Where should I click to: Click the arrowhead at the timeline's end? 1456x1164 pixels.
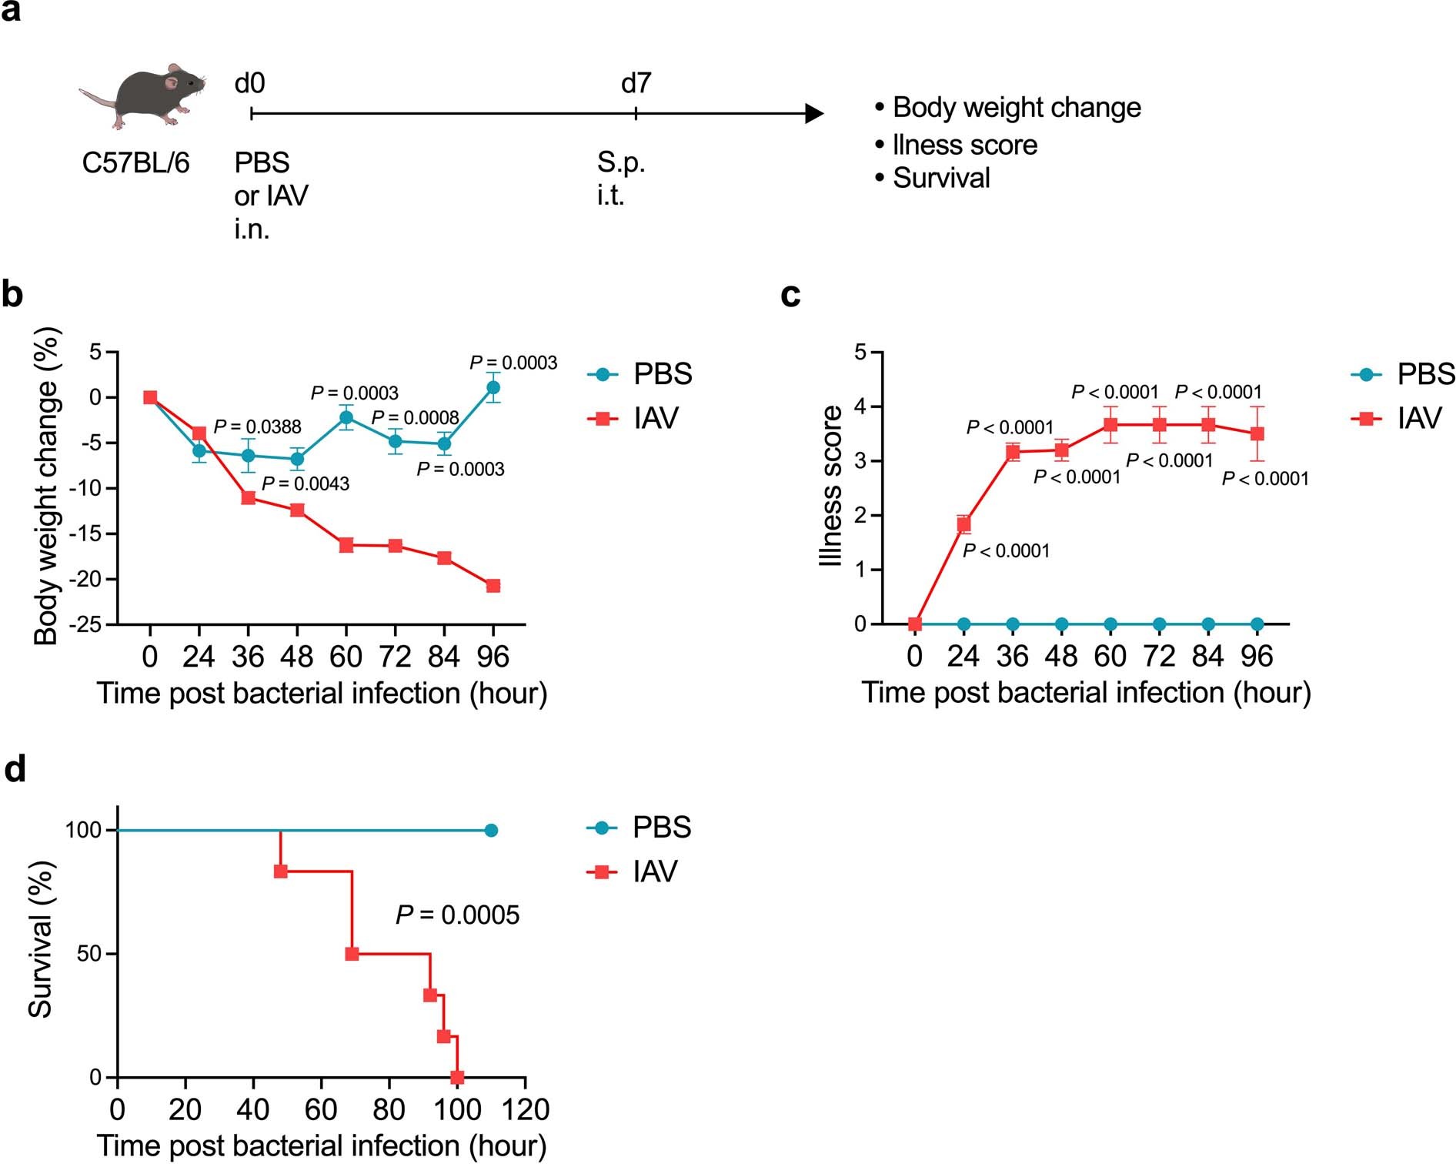(x=813, y=114)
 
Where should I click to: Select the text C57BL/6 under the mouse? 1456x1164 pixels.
(x=135, y=163)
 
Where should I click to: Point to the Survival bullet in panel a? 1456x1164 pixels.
(x=940, y=179)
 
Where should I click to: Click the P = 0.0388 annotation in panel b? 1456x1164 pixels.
(x=257, y=426)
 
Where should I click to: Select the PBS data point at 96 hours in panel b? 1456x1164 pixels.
(x=493, y=387)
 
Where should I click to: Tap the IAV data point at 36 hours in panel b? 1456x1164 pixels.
(x=249, y=498)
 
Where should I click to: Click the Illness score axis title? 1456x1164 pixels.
(x=832, y=487)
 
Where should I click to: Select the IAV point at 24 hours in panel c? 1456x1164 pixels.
(x=963, y=524)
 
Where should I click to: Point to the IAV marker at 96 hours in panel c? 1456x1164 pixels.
(x=1257, y=433)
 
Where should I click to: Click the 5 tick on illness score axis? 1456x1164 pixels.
(x=860, y=353)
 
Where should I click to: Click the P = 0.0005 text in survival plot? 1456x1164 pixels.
(x=457, y=915)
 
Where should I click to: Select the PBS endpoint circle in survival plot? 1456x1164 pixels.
(x=491, y=830)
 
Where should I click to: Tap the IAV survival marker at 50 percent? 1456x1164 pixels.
(x=352, y=954)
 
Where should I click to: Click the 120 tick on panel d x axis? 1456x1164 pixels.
(x=526, y=1109)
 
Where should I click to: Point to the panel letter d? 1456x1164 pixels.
(x=15, y=769)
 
